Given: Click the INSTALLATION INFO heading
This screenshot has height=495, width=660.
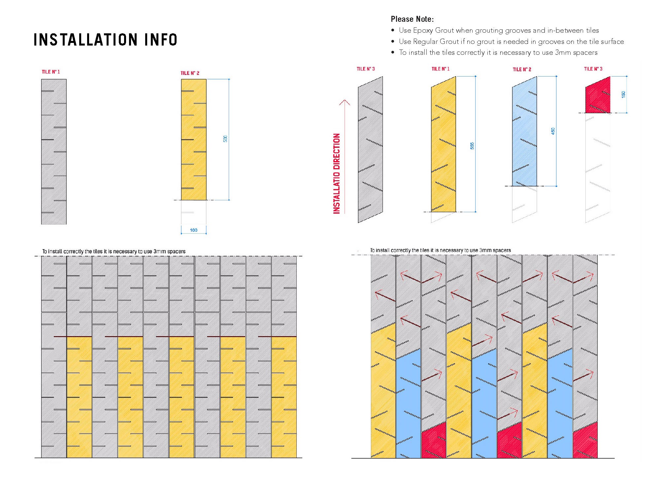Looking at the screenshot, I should (x=105, y=40).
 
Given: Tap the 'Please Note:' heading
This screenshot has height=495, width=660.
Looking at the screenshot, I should (x=412, y=19).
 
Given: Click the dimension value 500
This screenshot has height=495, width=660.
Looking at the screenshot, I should (x=225, y=139).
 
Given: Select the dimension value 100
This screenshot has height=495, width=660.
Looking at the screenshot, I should (x=194, y=230).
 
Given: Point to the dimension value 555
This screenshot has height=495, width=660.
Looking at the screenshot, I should (x=472, y=146).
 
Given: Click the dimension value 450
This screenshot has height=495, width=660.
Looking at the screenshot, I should (x=553, y=131).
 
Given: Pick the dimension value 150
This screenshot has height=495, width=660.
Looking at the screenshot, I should (x=623, y=94).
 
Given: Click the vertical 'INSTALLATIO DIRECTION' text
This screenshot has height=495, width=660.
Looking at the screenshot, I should (x=337, y=174).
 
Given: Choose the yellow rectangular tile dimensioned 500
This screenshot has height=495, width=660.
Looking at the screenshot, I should (x=194, y=139).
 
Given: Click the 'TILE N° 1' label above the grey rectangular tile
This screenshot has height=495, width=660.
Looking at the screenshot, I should (x=51, y=72).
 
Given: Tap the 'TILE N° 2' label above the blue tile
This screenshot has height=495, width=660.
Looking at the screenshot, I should (x=522, y=69).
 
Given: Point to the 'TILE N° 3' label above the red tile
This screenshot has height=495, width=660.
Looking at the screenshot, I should (x=593, y=69).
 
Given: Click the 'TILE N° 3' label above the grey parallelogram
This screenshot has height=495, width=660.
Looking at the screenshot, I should (x=366, y=69).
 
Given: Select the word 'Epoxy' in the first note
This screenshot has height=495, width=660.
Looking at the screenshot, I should (x=423, y=30).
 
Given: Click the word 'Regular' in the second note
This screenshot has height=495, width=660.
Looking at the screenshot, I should (x=425, y=42).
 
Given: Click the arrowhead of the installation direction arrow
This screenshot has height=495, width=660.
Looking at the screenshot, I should (x=345, y=101).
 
